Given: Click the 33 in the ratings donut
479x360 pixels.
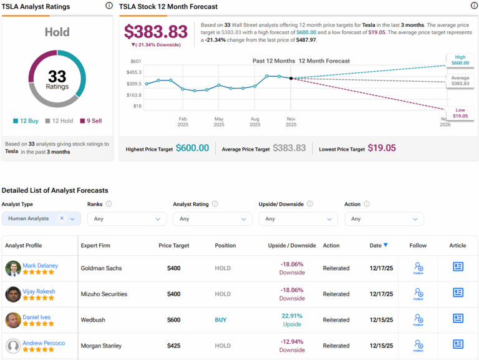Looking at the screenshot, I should [x=57, y=76].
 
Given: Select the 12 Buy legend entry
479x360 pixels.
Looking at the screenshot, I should [x=25, y=121].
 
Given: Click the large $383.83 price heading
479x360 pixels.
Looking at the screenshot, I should [x=155, y=32].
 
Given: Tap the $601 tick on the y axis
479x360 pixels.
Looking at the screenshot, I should [x=135, y=61].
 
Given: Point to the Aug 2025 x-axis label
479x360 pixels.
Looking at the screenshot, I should [x=254, y=121].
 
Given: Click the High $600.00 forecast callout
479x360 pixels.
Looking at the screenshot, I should [x=460, y=59].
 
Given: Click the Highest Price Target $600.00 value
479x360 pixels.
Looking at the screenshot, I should [x=192, y=148].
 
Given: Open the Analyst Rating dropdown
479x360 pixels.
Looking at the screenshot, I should [x=212, y=219].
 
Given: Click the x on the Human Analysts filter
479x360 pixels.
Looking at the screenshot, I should [x=62, y=218].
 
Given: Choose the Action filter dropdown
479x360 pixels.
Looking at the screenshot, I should [x=384, y=219].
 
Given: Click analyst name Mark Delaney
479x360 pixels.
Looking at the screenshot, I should [x=40, y=265].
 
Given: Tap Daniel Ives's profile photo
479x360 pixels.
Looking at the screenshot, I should [x=13, y=320].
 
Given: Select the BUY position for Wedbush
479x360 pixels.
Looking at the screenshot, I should [x=221, y=320].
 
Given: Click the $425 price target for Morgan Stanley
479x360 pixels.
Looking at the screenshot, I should [x=173, y=346].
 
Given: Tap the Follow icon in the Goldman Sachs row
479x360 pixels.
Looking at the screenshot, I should [x=419, y=268].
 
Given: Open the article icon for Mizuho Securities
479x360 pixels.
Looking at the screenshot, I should [x=458, y=293].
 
